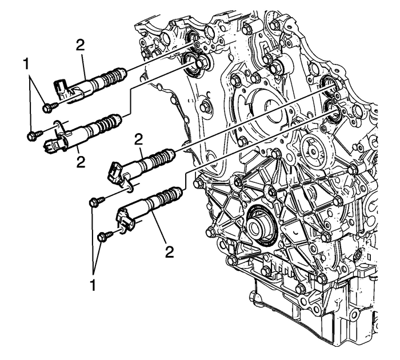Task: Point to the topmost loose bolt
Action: click(x=48, y=106)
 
